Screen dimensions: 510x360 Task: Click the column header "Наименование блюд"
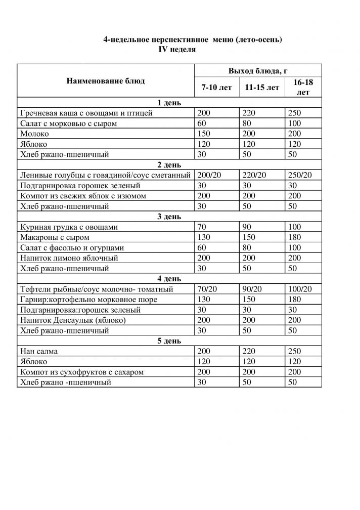105,81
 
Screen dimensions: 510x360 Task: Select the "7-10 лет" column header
216,88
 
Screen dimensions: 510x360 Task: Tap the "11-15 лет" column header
261,88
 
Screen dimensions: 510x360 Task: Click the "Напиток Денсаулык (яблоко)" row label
72,320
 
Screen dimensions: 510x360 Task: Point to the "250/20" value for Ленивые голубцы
300,176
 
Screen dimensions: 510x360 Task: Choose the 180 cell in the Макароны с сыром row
294,237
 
